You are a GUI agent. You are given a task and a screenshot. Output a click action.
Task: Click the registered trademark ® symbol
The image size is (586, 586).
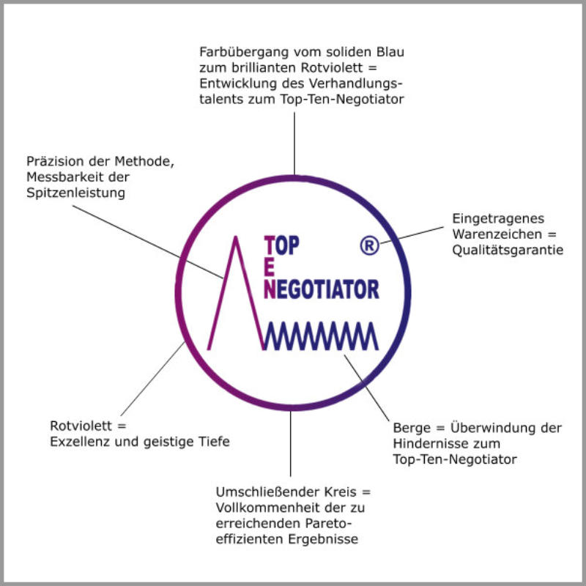pyautogui.click(x=370, y=246)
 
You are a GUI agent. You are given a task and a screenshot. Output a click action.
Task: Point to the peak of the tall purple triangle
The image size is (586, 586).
pyautogui.click(x=236, y=237)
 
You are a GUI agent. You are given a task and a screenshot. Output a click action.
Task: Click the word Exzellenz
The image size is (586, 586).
pyautogui.click(x=80, y=442)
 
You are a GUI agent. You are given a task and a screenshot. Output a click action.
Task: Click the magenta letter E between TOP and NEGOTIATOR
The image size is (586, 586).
pyautogui.click(x=270, y=266)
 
